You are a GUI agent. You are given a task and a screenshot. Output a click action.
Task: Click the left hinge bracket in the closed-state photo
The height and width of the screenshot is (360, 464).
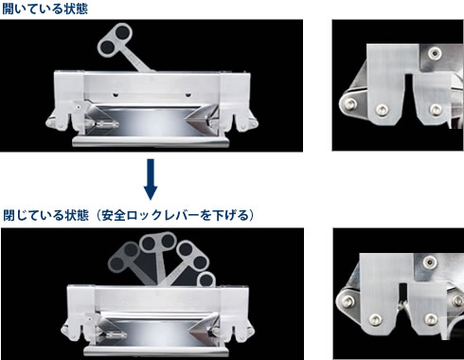[61, 322]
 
